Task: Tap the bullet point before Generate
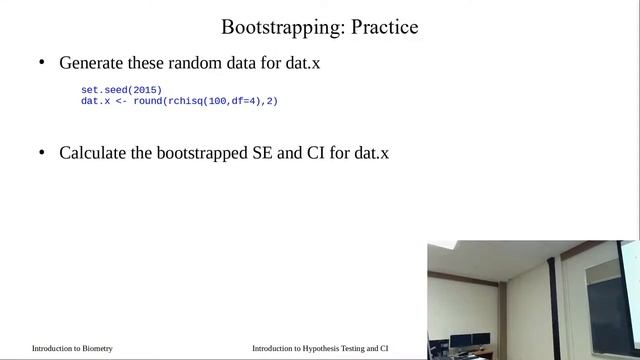click(x=42, y=63)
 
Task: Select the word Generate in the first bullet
click(x=92, y=63)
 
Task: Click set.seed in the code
click(x=103, y=91)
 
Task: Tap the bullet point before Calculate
click(x=42, y=154)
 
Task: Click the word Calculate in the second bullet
click(x=94, y=154)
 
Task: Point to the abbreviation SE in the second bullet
click(x=269, y=154)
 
